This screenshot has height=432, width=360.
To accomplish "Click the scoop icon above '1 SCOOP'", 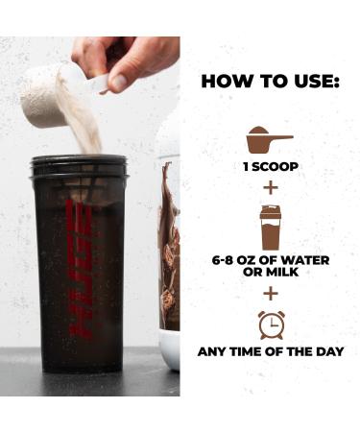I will point(269,140).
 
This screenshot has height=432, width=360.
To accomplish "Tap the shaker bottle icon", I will point(270,228).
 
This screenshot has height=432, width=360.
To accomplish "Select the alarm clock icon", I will point(270,324).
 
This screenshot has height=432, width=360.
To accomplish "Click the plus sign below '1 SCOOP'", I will point(270,186).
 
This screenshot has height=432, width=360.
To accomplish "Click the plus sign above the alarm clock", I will point(270,293).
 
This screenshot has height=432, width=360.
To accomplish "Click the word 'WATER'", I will point(300,261).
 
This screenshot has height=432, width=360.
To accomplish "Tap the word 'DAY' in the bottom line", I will point(324,351).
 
